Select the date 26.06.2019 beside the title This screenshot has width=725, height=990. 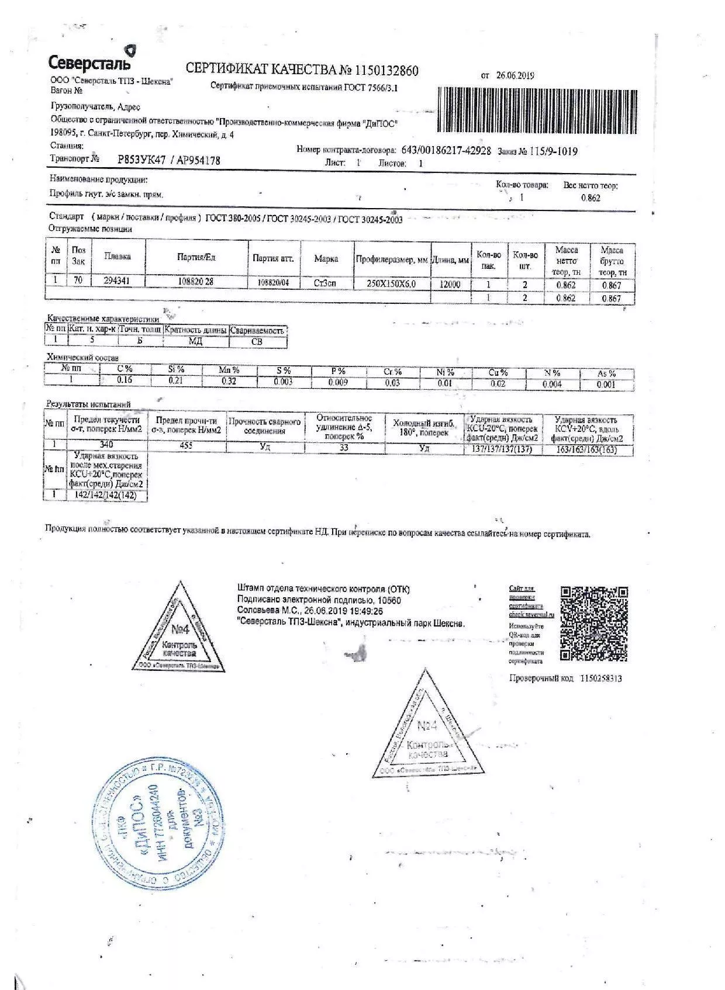coord(515,75)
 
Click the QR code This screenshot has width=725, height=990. coord(594,623)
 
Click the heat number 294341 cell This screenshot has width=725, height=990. coord(116,281)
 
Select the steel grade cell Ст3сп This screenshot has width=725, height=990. coord(325,283)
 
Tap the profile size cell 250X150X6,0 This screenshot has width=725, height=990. coord(391,284)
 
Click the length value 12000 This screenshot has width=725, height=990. coord(450,285)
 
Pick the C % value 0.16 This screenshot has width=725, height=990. coord(125,380)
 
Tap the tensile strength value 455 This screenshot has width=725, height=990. coord(187,446)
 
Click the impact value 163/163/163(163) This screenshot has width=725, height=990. coord(586,450)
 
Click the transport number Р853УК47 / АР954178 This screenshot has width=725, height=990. coord(169,160)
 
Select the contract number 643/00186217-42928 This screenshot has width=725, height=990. coord(446,150)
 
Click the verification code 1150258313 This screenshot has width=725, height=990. coord(601,679)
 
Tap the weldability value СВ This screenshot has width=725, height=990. coord(257,342)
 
